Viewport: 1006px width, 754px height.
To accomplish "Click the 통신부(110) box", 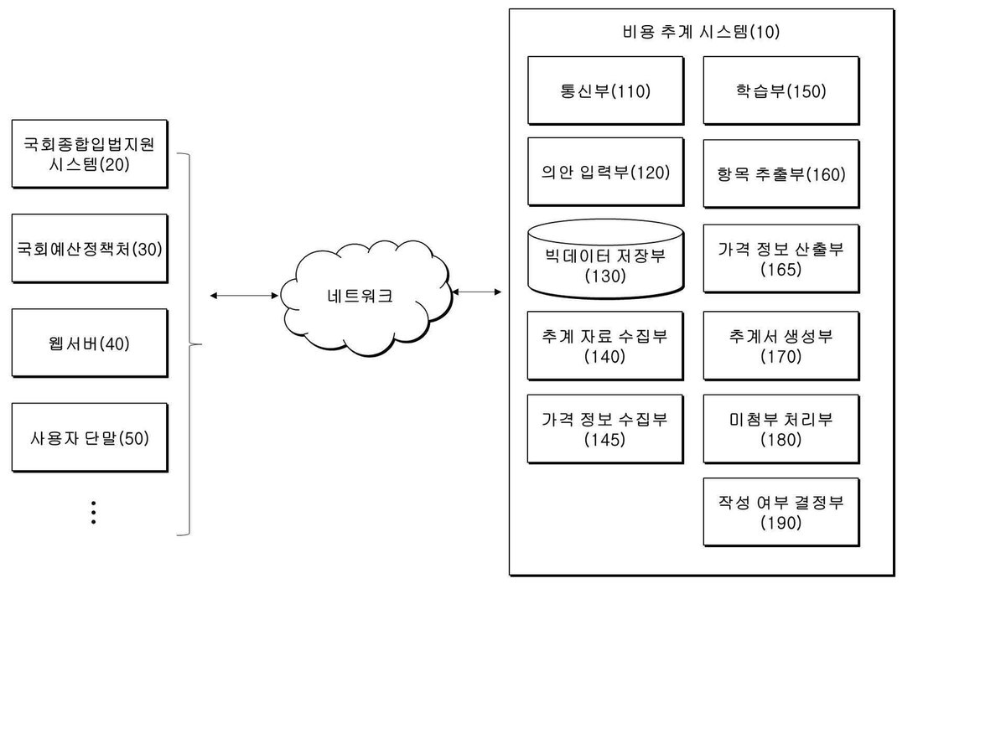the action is pos(605,90).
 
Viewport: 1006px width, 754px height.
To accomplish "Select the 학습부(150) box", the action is pos(781,90).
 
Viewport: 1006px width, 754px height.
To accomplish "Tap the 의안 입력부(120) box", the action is pos(605,172).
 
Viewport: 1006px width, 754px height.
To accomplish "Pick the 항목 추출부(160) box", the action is pos(781,174).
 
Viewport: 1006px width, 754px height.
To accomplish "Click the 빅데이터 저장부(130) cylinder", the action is pos(605,259).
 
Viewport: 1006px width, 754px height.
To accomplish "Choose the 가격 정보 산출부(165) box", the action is pos(781,259).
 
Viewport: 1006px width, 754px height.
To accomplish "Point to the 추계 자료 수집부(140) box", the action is pos(605,346).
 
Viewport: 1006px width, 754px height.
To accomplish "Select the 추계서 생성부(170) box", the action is pos(781,346).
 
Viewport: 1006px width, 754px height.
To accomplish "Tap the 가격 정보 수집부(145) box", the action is pos(605,430).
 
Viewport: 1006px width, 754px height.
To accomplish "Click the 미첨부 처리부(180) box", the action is pos(781,430).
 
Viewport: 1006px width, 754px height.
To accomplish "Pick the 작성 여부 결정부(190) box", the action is pos(781,512).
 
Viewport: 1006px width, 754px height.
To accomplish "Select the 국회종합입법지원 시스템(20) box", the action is pos(90,154).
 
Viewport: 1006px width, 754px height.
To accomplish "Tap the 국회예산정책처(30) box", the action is pos(90,249).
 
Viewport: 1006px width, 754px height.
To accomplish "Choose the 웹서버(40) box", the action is pos(90,343).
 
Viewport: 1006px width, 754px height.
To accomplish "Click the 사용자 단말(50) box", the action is pos(90,437).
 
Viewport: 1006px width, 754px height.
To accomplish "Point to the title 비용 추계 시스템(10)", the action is pos(701,32).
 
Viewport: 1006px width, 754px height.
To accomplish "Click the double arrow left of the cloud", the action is pos(244,296).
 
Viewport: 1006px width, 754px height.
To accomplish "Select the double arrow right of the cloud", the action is pos(477,292).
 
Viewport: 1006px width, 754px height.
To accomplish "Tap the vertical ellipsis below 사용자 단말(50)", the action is pos(94,512).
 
